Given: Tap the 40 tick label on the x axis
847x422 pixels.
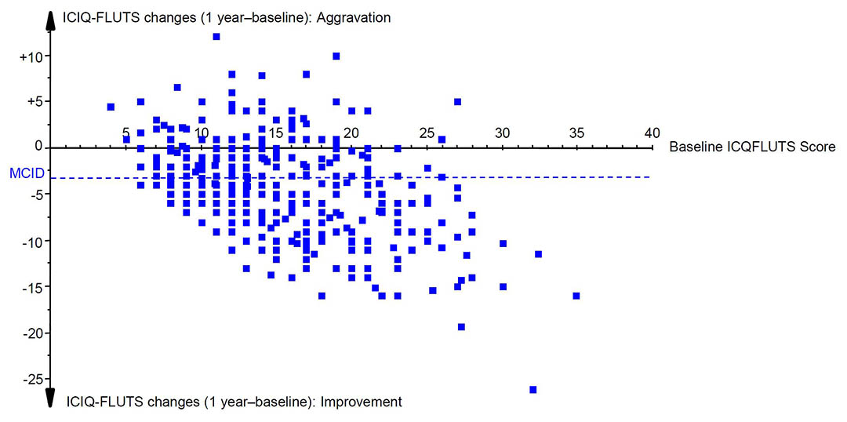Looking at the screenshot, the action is [x=652, y=133].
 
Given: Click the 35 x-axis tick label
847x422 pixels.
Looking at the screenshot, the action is [x=577, y=133].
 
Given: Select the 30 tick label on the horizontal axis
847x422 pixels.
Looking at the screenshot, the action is [x=503, y=133].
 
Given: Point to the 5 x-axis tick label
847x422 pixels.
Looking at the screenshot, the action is [x=125, y=133].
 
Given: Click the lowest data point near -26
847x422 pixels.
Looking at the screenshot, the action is [x=533, y=390].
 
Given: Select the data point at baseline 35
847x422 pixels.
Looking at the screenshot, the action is [x=576, y=296].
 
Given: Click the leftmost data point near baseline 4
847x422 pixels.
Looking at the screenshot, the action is [x=111, y=107].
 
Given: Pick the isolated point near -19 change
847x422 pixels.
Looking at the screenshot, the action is [x=461, y=326].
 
